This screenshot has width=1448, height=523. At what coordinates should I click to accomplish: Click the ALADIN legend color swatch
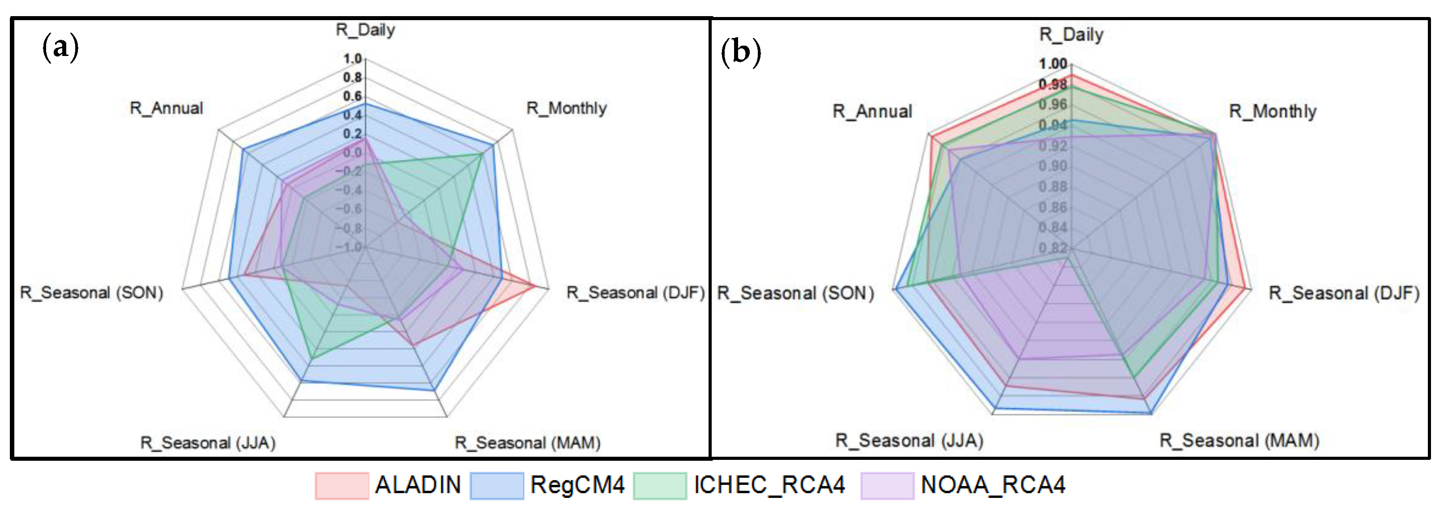pyautogui.click(x=342, y=485)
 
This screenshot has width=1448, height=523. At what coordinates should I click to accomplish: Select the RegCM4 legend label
pyautogui.click(x=577, y=485)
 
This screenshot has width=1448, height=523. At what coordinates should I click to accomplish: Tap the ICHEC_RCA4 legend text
pyautogui.click(x=769, y=485)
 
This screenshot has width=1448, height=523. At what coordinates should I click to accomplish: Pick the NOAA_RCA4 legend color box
pyautogui.click(x=887, y=485)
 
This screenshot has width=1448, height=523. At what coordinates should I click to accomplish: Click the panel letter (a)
pyautogui.click(x=60, y=47)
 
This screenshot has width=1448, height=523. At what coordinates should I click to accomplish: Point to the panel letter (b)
pyautogui.click(x=740, y=52)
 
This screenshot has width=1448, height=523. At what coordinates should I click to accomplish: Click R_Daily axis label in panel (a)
pyautogui.click(x=365, y=30)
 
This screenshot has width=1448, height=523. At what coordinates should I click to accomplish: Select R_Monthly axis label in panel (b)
pyautogui.click(x=1273, y=111)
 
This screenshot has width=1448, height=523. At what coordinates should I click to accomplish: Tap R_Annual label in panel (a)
pyautogui.click(x=167, y=108)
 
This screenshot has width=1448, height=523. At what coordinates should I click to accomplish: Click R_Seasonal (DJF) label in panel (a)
pyautogui.click(x=635, y=292)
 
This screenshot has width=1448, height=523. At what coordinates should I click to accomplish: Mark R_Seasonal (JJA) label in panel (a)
pyautogui.click(x=208, y=442)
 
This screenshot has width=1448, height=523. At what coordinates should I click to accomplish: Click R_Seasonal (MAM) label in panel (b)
pyautogui.click(x=1239, y=440)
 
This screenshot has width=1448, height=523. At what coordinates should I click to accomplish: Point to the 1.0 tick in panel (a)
pyautogui.click(x=352, y=59)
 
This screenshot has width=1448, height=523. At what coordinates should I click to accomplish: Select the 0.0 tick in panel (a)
pyautogui.click(x=352, y=152)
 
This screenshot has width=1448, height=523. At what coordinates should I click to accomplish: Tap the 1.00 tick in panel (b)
pyautogui.click(x=1052, y=64)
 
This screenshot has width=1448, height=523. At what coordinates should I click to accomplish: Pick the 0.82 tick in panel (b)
pyautogui.click(x=1052, y=248)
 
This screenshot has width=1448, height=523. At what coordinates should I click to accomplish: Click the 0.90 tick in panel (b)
pyautogui.click(x=1052, y=166)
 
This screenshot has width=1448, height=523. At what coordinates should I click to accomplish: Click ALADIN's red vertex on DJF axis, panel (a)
pyautogui.click(x=534, y=286)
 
